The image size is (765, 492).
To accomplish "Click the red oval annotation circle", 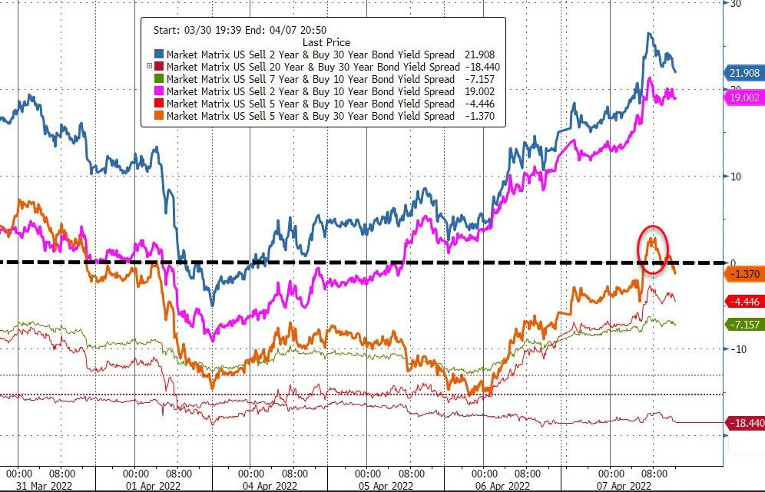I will pyautogui.click(x=652, y=249).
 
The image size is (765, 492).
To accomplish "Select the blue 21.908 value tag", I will pyautogui.click(x=744, y=73).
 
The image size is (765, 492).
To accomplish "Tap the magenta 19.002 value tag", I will pyautogui.click(x=744, y=98).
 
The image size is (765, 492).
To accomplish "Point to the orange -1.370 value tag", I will pyautogui.click(x=744, y=273).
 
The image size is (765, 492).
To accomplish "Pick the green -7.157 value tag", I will pyautogui.click(x=744, y=325).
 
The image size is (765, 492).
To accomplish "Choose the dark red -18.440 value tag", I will pyautogui.click(x=744, y=422).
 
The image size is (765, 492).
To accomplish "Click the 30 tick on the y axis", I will pyautogui.click(x=735, y=3).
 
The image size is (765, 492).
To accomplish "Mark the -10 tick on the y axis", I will pyautogui.click(x=737, y=349).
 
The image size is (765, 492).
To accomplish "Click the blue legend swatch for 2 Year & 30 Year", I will pyautogui.click(x=159, y=54).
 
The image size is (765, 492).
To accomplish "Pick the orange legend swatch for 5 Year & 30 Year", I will pyautogui.click(x=159, y=116).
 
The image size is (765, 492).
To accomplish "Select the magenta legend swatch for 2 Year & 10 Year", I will pyautogui.click(x=159, y=91).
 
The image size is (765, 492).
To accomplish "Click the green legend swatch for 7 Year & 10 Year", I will pyautogui.click(x=159, y=79).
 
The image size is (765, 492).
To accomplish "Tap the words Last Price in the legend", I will pyautogui.click(x=326, y=43).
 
